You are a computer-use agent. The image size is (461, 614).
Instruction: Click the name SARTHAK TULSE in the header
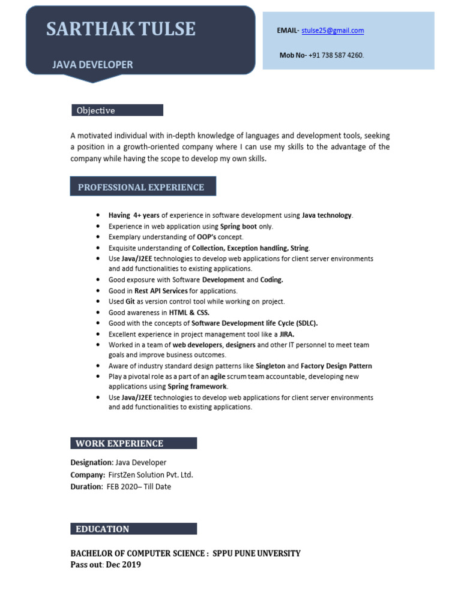[x=121, y=29]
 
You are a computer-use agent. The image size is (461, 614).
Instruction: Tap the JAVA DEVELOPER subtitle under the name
[x=92, y=64]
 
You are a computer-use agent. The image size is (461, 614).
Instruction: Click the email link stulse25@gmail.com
[x=333, y=31]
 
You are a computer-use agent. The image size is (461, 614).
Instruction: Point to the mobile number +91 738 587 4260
[x=336, y=55]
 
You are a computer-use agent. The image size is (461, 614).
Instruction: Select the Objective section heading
[x=95, y=110]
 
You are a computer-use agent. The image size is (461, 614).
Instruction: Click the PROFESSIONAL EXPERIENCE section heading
[x=141, y=187]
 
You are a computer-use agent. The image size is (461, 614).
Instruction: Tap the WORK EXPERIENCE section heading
[x=119, y=444]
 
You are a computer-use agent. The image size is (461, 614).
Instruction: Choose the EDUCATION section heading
[x=102, y=529]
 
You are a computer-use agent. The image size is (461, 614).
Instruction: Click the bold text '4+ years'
[x=146, y=215]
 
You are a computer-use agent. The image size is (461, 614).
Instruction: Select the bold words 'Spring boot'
[x=238, y=227]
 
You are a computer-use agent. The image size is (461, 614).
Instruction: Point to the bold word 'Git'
[x=130, y=302]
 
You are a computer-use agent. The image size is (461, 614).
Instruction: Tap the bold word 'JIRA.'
[x=287, y=334]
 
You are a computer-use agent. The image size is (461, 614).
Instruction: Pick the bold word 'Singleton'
[x=270, y=366]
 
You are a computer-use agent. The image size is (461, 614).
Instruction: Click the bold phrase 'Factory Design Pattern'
[x=336, y=366]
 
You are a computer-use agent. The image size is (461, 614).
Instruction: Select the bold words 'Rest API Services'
[x=161, y=291]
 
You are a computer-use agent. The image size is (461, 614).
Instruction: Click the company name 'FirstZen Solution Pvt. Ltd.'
[x=151, y=475]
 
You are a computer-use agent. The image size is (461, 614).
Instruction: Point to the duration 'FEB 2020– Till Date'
[x=139, y=487]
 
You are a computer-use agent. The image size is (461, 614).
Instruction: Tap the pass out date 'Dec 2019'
[x=124, y=565]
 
